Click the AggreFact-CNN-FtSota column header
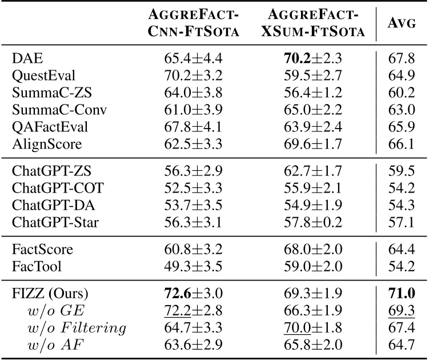tap(190, 23)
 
